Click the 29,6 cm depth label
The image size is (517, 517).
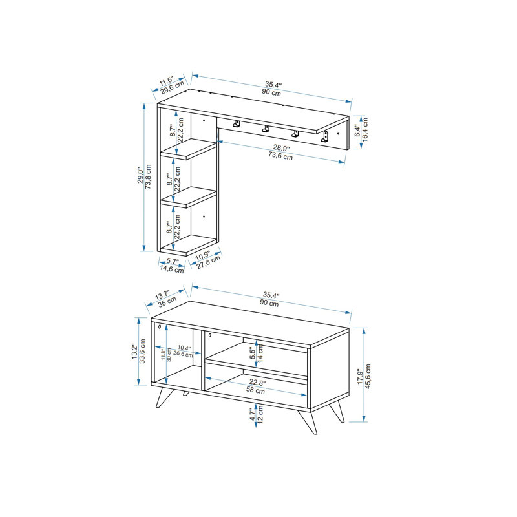(173, 88)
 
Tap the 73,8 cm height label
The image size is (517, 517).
(149, 176)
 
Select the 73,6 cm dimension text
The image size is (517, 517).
(280, 156)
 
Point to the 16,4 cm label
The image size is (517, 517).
(364, 130)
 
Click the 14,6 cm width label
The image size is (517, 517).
(172, 269)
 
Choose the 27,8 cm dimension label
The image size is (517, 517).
(209, 262)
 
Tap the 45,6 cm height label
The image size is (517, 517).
(368, 376)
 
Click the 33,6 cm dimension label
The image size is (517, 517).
(142, 351)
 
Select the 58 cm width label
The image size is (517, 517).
(255, 390)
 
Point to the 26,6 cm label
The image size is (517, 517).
(183, 354)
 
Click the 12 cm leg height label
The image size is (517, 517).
(260, 414)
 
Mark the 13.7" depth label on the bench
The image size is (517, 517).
(162, 295)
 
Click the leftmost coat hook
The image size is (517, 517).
(237, 124)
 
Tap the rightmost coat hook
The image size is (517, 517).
(325, 137)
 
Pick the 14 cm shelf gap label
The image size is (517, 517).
(260, 353)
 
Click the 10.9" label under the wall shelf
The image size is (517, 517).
(202, 255)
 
